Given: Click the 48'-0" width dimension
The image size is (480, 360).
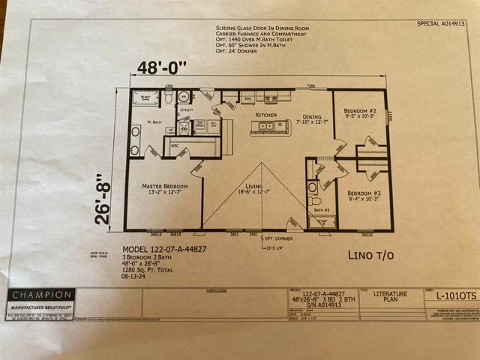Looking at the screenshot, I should tap(167, 67).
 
